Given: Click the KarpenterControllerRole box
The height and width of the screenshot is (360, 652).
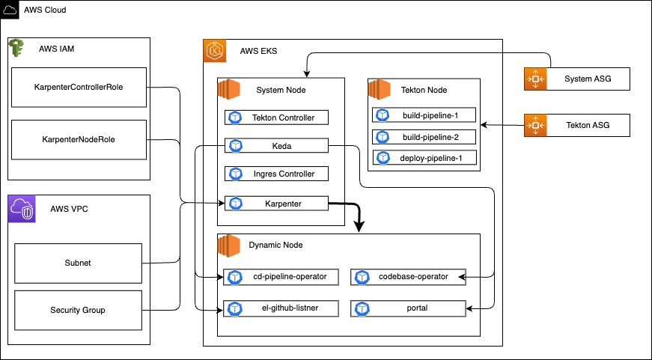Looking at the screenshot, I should pos(79,88).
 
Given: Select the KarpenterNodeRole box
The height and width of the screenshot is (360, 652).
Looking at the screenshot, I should pos(79,139).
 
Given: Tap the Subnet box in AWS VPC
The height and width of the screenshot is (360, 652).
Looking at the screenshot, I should pos(79,263).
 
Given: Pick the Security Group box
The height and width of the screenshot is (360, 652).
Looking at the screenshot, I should pos(79,310).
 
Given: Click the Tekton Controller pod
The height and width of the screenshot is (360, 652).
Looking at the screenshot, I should pos(276,118).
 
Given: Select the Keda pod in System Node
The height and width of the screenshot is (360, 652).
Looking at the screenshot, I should pos(276,146).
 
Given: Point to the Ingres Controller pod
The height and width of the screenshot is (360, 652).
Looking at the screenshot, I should pos(276,174).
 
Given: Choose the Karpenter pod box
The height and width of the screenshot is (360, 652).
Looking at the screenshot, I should pos(276,203).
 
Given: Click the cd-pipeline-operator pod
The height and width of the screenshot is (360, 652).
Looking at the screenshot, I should pos(281,277).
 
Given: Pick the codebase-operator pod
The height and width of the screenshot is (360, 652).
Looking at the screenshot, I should pos(409,277).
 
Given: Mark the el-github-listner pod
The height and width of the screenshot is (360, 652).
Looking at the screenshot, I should pos(281,308).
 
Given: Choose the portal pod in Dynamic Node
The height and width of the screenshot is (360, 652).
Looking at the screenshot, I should pos(409,308).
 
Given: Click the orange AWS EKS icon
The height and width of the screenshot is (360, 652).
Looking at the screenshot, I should pos(214,51).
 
